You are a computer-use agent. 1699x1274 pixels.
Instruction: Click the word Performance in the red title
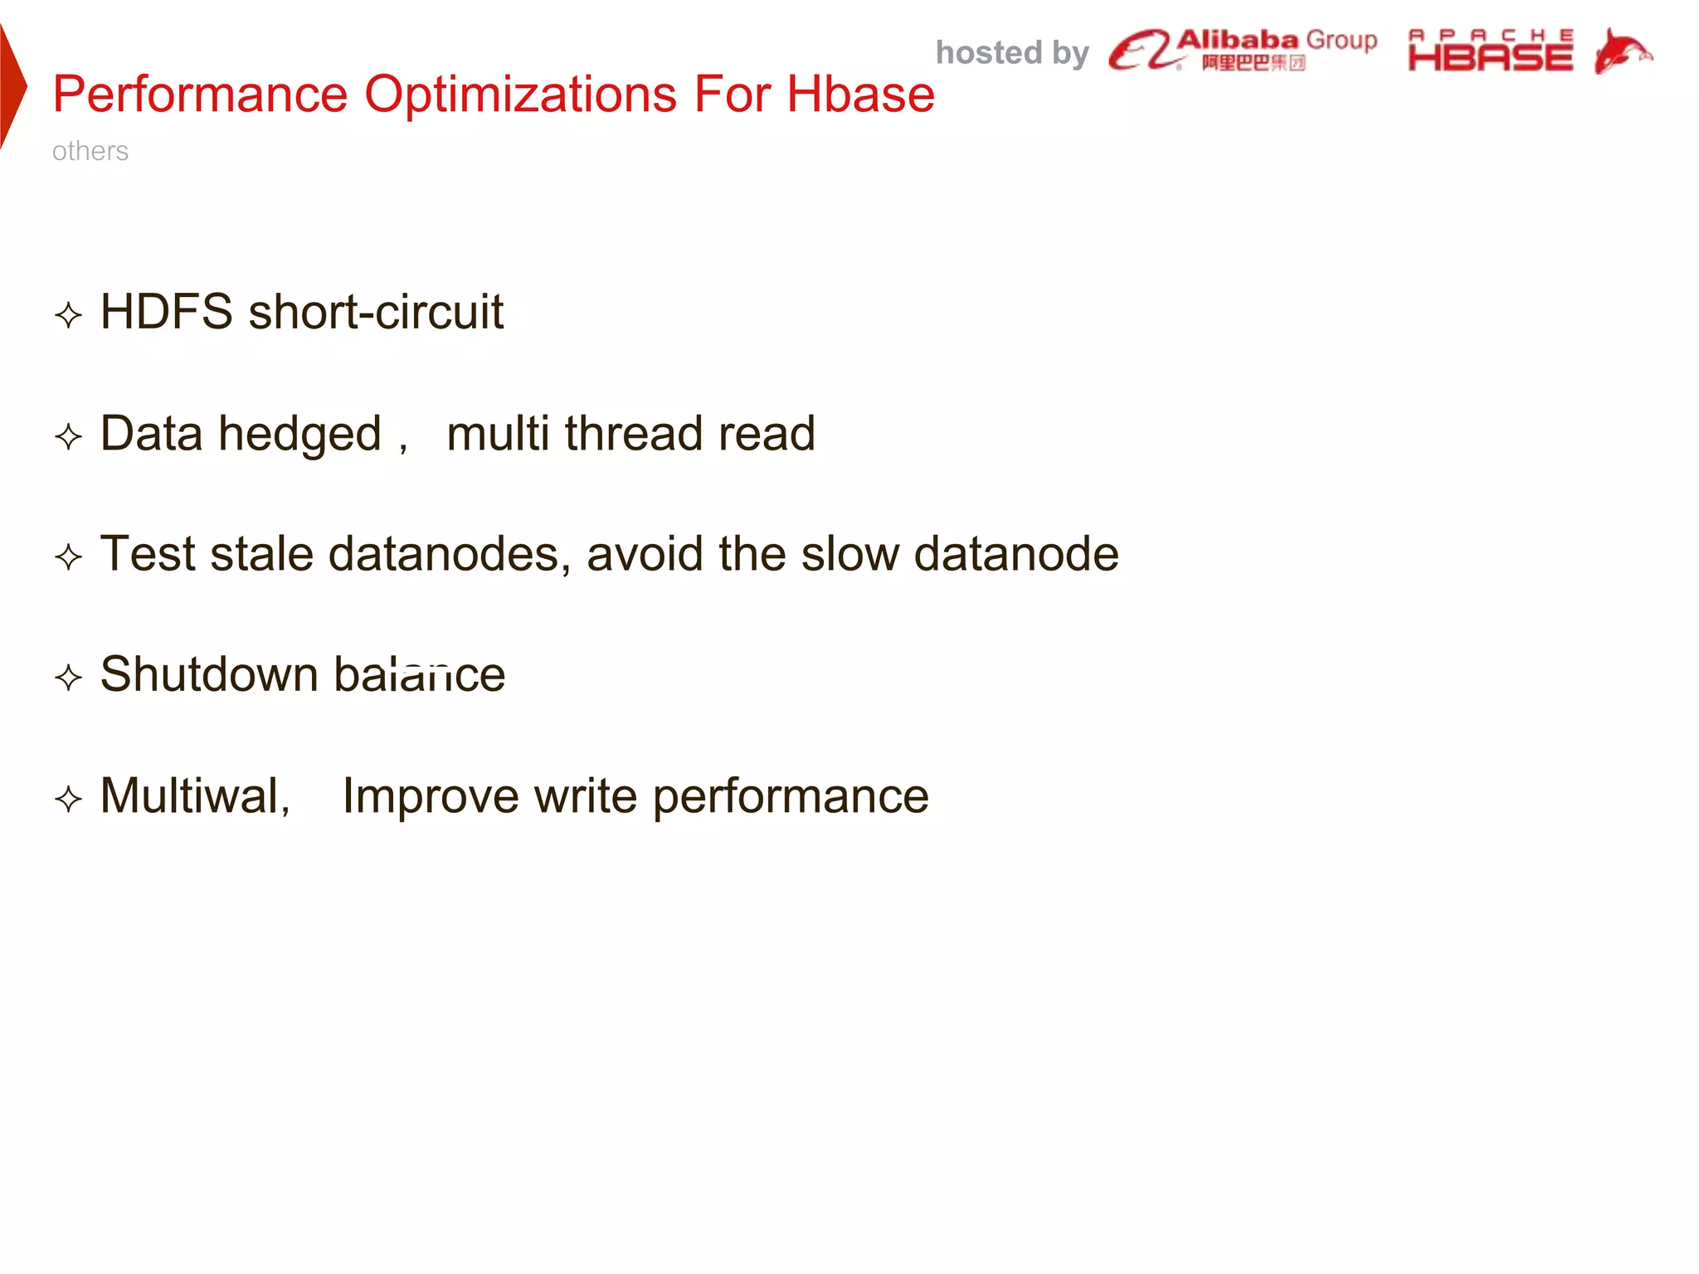(199, 94)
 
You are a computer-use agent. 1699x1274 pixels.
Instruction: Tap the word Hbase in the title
(860, 94)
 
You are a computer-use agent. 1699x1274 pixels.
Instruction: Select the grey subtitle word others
(90, 151)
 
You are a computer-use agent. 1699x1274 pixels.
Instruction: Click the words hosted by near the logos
(1011, 52)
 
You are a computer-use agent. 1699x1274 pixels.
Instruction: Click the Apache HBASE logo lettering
(1490, 51)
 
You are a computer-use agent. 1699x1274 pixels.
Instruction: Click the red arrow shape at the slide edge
(12, 87)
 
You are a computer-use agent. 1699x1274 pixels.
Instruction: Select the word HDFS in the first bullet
(166, 312)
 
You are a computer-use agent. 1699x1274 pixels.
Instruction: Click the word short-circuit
(376, 312)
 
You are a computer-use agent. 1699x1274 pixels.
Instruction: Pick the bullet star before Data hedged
(68, 436)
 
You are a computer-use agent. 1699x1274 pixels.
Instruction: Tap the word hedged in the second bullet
(299, 434)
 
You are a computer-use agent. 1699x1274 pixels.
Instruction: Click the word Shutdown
(209, 673)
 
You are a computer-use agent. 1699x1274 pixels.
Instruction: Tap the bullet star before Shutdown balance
(68, 677)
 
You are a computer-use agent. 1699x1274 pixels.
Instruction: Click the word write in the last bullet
(586, 795)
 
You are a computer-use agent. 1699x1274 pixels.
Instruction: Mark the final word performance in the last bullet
(791, 797)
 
